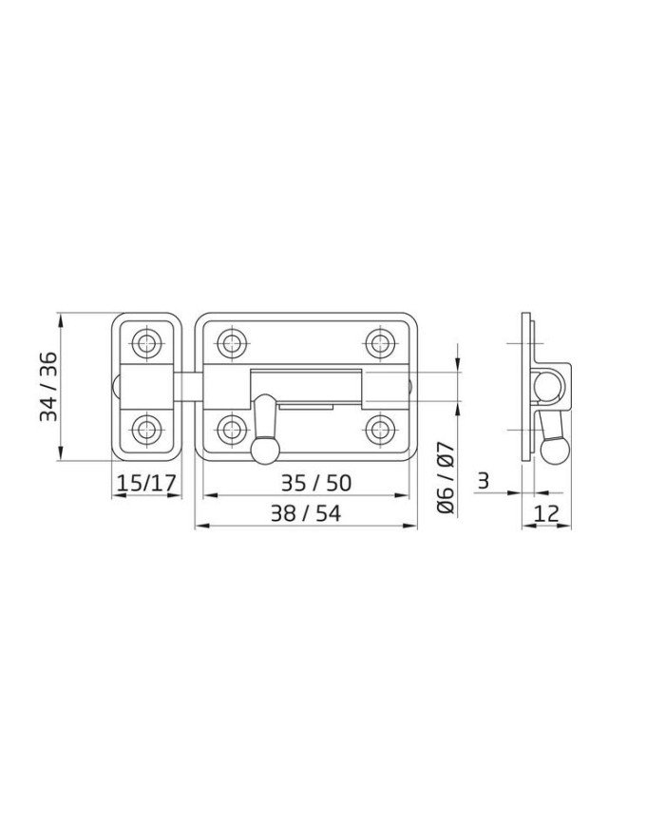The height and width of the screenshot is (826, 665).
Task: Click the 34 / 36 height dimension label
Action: coord(49,386)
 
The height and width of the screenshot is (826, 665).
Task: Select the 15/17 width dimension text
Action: coord(146,483)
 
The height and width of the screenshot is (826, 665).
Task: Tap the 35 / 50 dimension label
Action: coord(315,483)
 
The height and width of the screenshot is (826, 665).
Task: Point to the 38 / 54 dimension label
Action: coord(305,513)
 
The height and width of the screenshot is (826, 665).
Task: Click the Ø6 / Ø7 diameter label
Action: coord(446,477)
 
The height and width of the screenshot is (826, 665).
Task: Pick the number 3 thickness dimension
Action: coord(483,481)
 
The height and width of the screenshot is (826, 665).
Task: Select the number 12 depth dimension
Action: coord(546,513)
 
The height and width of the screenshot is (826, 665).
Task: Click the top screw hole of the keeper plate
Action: coord(146,344)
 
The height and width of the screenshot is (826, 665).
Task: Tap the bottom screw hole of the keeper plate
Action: coord(146,430)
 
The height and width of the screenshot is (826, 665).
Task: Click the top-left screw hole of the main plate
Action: coord(232,343)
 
